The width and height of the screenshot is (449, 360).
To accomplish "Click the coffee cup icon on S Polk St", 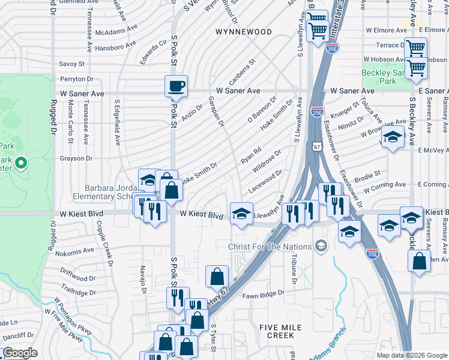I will pos(176,86).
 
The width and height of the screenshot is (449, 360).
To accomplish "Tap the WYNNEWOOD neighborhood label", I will pos(244,31).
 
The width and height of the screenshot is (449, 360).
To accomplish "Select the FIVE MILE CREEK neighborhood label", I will pos(285,332).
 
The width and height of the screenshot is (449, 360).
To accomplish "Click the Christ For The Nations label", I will pos(270,247).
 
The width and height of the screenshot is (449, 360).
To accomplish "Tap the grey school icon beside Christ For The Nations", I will pos(321,246).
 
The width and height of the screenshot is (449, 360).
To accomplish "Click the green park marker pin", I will pos(21,163).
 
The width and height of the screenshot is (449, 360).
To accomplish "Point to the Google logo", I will pos(20,353).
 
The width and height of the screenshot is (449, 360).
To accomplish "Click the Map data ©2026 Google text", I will pos(411,355).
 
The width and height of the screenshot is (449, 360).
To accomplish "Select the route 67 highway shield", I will pos(318,146).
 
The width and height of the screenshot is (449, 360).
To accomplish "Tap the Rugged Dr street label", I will pos(53,120).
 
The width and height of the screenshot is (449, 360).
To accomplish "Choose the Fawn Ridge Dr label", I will pos(262,295).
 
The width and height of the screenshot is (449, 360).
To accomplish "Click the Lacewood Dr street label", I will pos(265,180).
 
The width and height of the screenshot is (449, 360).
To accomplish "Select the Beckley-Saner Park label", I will pos(383,76).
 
